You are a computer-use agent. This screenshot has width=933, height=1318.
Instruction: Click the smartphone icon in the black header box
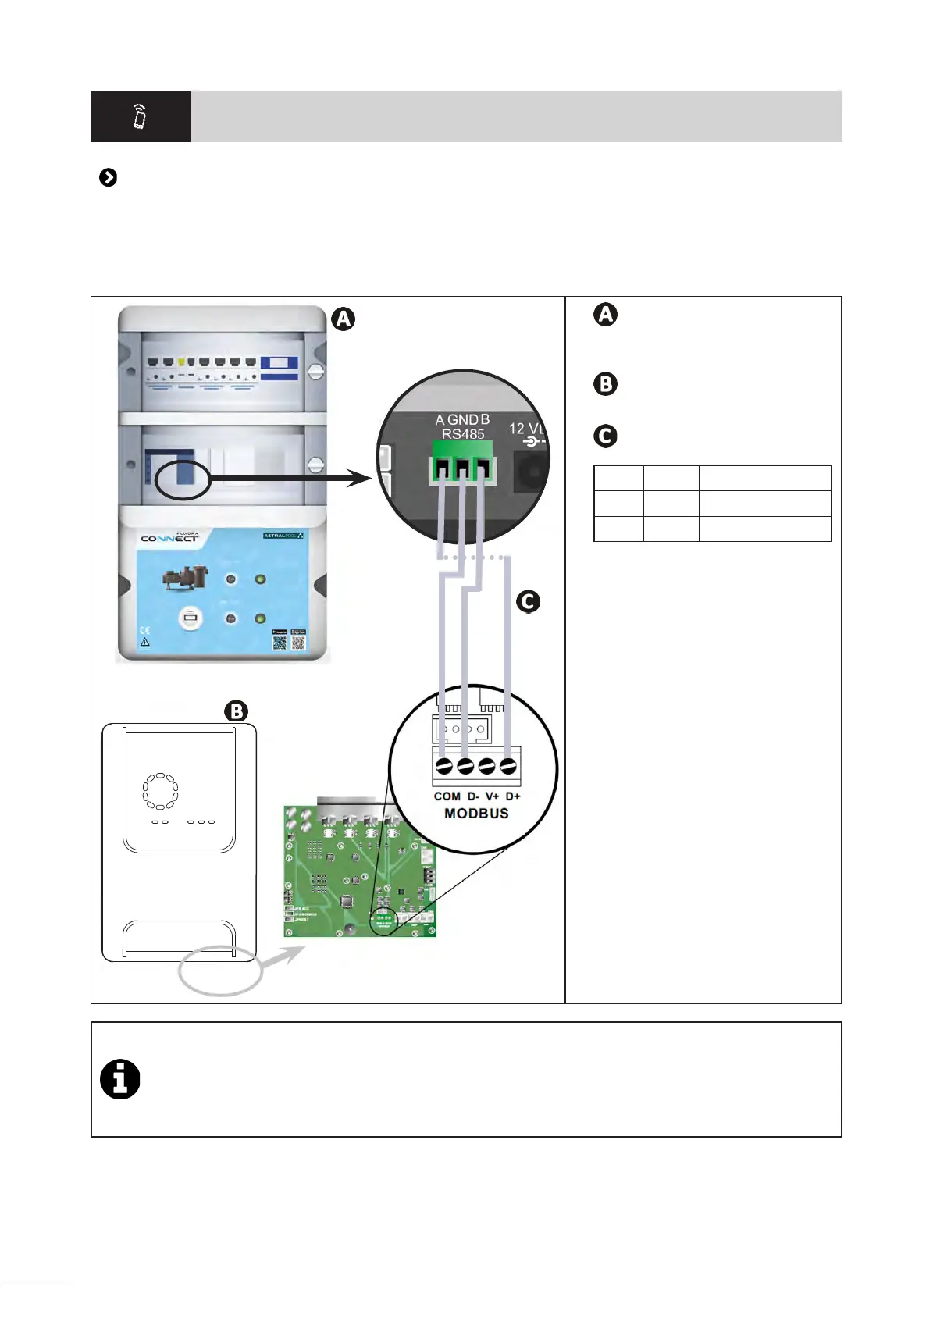(x=140, y=116)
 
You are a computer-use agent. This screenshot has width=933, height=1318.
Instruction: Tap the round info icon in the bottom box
(x=120, y=1080)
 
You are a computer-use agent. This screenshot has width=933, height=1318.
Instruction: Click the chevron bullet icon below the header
(x=109, y=178)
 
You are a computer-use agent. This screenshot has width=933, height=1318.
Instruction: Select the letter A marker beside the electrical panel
(x=343, y=319)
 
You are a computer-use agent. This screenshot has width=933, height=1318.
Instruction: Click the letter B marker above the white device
(x=236, y=711)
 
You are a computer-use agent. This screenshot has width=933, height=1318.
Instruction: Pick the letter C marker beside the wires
(x=528, y=601)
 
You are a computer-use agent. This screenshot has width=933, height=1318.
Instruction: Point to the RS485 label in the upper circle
(x=463, y=434)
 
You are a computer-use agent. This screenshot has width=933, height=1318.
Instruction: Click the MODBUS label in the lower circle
(x=476, y=814)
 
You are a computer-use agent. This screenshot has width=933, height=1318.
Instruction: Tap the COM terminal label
(x=447, y=796)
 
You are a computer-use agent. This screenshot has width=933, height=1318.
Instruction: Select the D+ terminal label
(x=513, y=796)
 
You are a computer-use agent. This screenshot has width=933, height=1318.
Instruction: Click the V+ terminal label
(x=492, y=796)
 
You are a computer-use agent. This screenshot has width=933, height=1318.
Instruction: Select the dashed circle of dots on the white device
(x=160, y=792)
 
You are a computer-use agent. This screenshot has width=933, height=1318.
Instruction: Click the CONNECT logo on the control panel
(x=169, y=538)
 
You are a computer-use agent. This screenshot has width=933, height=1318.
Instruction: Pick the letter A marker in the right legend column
(x=605, y=315)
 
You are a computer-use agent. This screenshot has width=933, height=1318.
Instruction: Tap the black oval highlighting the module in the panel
(x=183, y=479)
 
